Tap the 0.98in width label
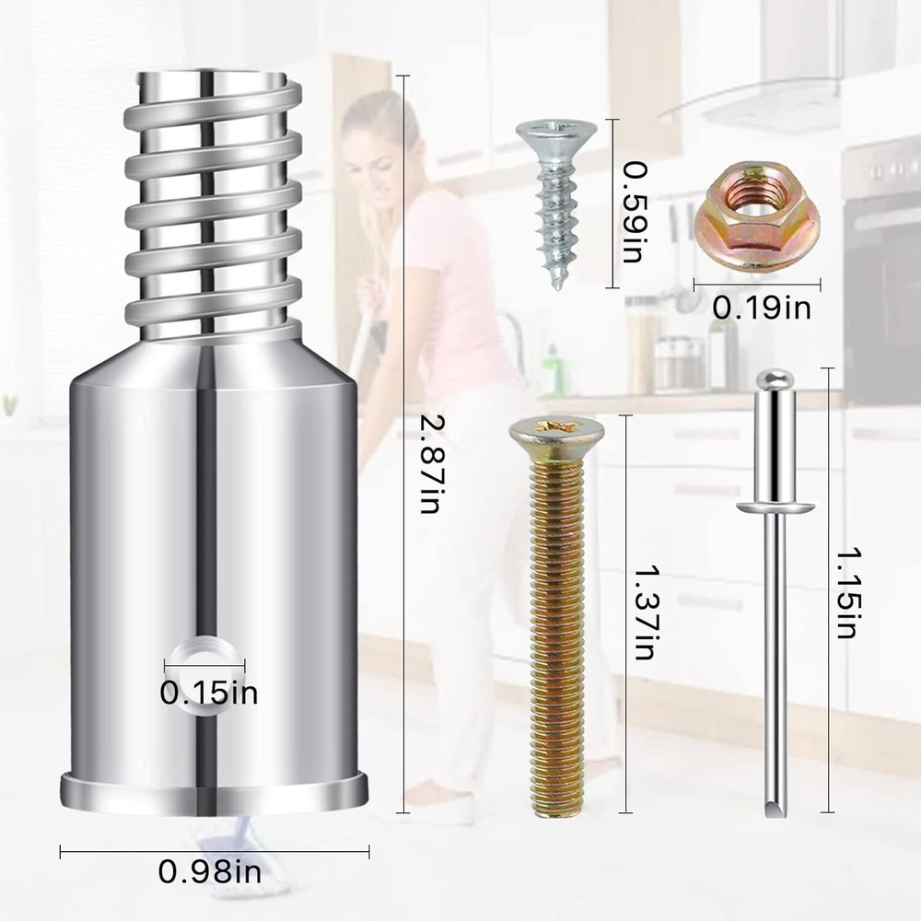pyautogui.click(x=209, y=871)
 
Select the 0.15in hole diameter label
pyautogui.click(x=209, y=692)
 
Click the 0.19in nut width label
pyautogui.click(x=762, y=307)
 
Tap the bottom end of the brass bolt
pyautogui.click(x=558, y=807)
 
